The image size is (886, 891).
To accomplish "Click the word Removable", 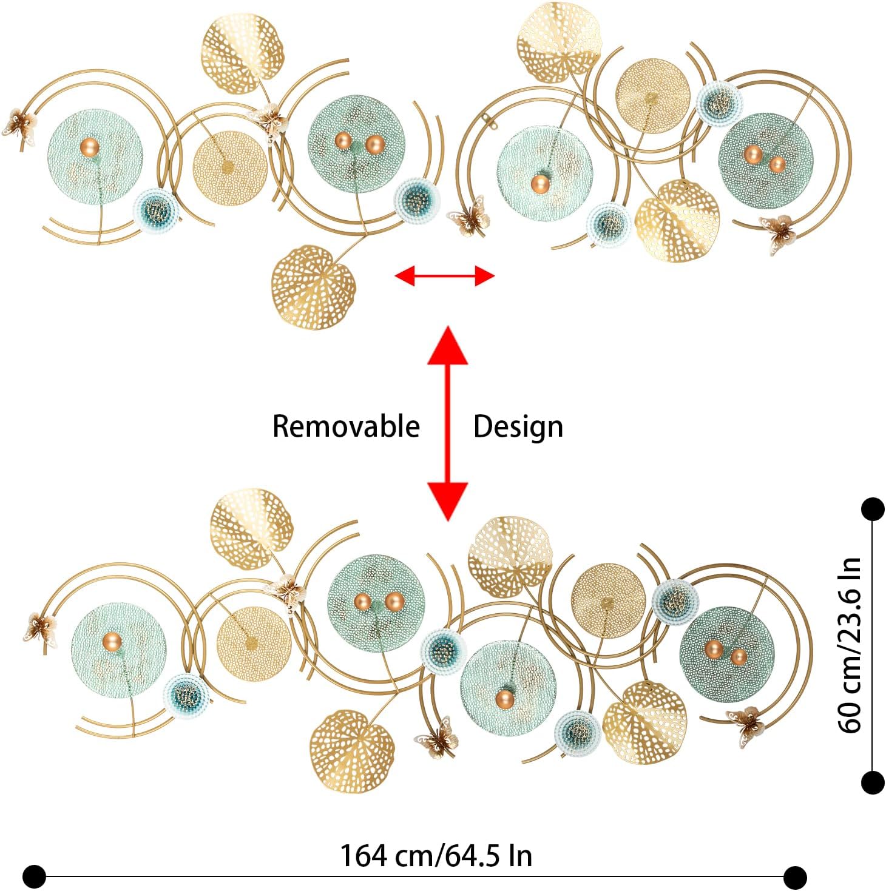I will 346,426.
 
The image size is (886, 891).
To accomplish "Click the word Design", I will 518,427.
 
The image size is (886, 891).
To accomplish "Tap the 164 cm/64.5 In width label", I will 436,856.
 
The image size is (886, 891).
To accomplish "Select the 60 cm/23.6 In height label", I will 850,645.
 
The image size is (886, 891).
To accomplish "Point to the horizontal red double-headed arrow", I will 445,277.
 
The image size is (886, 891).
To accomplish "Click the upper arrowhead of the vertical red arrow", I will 448,345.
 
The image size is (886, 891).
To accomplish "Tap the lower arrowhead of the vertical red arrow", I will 448,501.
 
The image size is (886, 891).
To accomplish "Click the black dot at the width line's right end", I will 794,876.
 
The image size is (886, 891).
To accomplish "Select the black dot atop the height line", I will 873,509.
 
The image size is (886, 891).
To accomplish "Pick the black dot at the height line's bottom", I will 873,782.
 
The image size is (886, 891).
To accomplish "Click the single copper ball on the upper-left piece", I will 89,146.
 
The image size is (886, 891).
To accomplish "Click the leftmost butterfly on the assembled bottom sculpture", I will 41,627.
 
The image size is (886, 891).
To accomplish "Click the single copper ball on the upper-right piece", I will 539,183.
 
